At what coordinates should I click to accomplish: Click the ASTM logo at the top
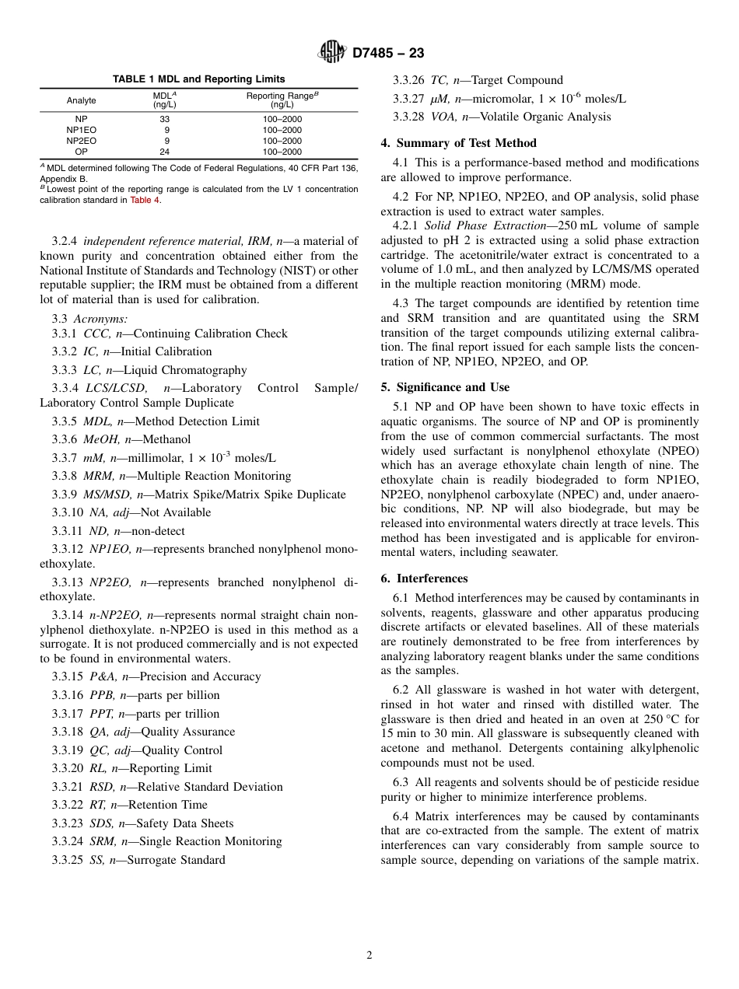(332, 53)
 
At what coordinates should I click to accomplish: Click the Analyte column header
(82, 100)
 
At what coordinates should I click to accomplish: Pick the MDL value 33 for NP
(164, 119)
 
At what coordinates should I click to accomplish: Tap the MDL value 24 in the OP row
(164, 152)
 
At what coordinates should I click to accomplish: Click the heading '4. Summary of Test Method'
(458, 143)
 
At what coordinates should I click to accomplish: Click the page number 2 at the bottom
(369, 956)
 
